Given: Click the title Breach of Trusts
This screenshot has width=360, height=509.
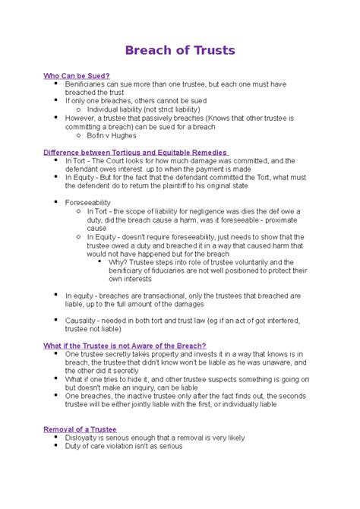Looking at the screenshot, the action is click(179, 50).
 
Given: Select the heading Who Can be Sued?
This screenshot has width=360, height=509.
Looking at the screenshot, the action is click(77, 76).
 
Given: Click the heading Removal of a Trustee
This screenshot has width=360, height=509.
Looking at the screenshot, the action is click(80, 429).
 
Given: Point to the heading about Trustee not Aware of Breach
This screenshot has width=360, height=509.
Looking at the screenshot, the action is click(125, 345).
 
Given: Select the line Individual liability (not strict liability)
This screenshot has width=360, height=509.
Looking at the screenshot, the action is click(144, 109).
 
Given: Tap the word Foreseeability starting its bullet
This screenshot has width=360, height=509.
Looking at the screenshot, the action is click(88, 203).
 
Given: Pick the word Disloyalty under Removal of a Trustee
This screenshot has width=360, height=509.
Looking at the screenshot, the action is click(85, 438).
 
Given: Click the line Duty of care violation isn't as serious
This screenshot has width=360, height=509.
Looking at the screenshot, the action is click(124, 447).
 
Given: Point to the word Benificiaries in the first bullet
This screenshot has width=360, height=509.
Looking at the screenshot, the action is click(87, 84).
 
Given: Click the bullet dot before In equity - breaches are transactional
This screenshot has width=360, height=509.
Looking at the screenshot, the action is click(57, 295).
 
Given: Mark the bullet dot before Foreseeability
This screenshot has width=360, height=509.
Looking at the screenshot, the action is click(57, 203).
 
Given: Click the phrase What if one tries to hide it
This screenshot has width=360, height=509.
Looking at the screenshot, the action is click(114, 378).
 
